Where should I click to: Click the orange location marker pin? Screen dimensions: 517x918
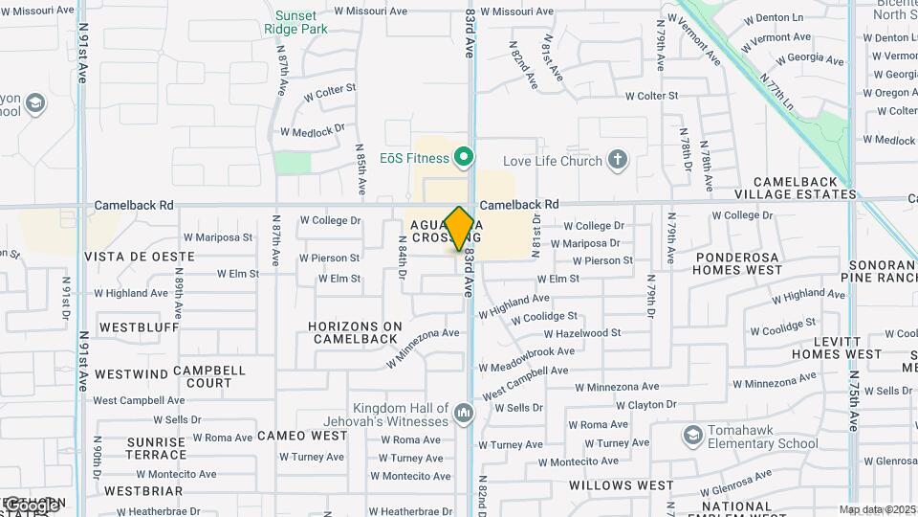coord(460,228)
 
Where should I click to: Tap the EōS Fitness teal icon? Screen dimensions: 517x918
coord(464,155)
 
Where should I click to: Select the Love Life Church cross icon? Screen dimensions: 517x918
coord(618,161)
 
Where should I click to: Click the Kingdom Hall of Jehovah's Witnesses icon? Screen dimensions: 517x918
coord(464,413)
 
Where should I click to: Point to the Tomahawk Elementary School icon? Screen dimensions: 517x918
coord(691,436)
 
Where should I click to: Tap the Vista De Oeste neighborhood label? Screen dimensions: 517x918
coord(140,257)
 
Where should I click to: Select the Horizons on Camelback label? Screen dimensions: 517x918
coord(355,332)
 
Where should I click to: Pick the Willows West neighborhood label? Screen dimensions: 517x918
coord(622,485)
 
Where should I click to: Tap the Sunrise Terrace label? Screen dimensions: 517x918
coord(155,447)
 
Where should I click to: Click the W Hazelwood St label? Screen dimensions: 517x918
coord(582,333)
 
